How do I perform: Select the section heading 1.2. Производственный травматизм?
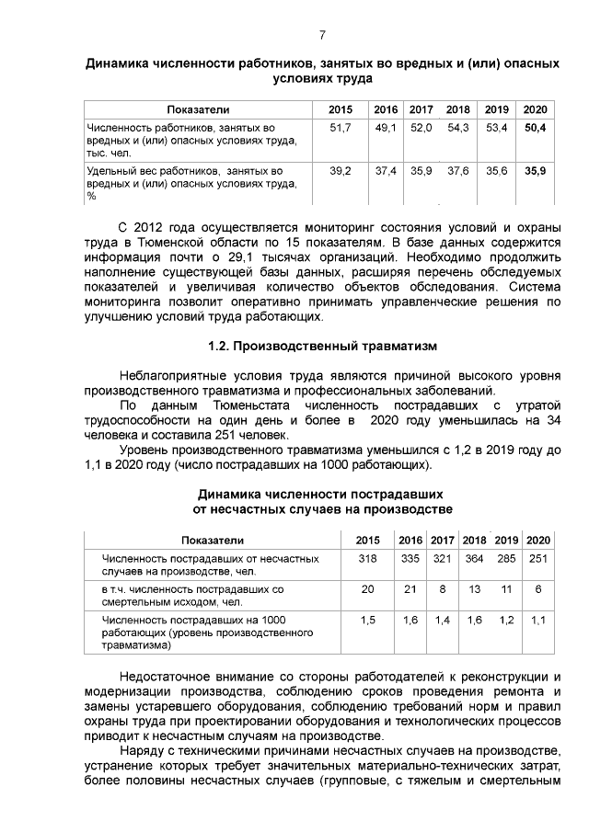(322, 347)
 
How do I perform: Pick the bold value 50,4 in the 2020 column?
(536, 127)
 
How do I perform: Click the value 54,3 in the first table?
(458, 127)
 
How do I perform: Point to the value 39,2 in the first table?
(341, 171)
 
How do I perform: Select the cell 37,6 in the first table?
(458, 171)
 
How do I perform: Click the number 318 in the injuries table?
(367, 558)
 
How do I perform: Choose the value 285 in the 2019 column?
(506, 558)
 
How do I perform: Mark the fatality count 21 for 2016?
(410, 588)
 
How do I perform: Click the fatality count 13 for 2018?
(475, 588)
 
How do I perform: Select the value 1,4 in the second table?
(443, 621)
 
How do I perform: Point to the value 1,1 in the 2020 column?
(538, 621)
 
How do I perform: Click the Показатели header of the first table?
(197, 109)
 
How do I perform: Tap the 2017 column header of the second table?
(443, 540)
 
